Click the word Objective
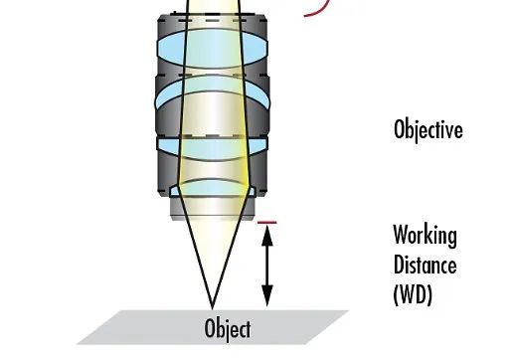(427, 130)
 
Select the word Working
(425, 237)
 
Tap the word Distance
(425, 266)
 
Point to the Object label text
(227, 329)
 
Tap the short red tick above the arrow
(266, 223)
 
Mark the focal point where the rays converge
(213, 305)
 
